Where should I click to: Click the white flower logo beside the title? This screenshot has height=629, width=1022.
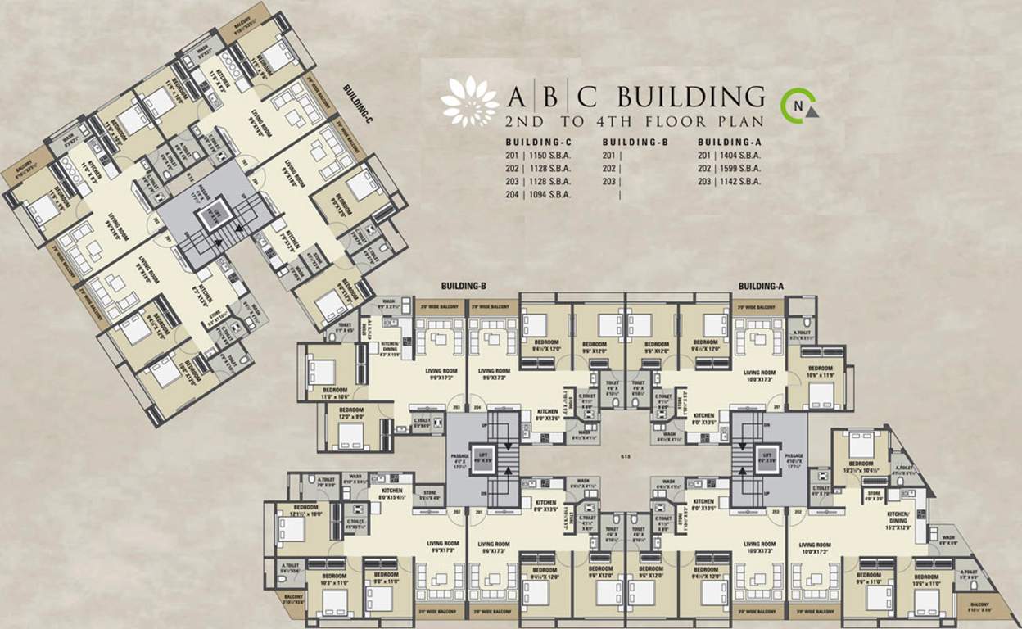[x=469, y=102]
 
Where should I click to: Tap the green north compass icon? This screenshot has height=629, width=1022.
[x=798, y=103]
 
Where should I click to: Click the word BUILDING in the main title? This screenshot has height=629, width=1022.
[x=690, y=97]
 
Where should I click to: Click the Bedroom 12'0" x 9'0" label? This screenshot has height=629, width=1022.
[x=351, y=413]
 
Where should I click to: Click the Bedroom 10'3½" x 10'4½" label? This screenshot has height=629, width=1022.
[x=861, y=467]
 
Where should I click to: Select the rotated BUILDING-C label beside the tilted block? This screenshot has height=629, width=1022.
[x=358, y=103]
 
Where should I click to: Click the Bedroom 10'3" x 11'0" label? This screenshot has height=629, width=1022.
[x=334, y=579]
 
